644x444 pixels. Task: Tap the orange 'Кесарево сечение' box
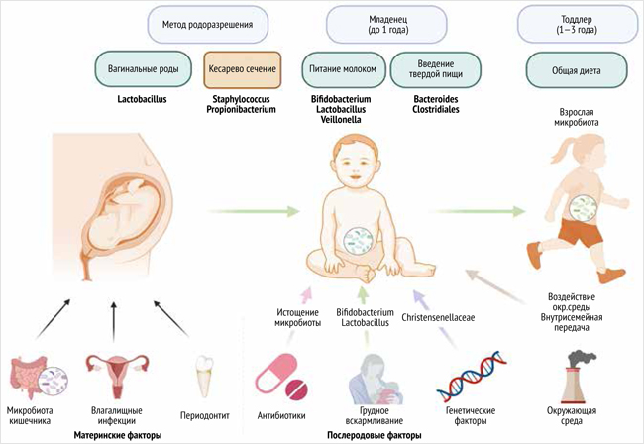point(242,70)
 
